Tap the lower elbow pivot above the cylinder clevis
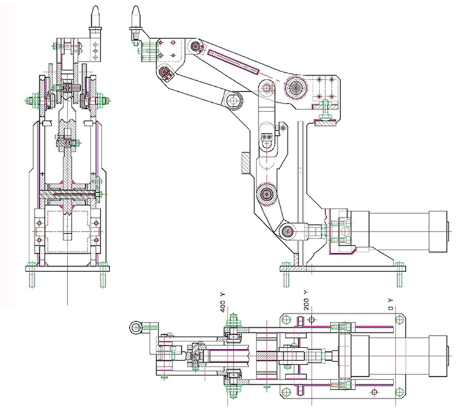coord(266,195)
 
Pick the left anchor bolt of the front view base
coord(32,276)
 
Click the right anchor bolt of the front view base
coord(101,276)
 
